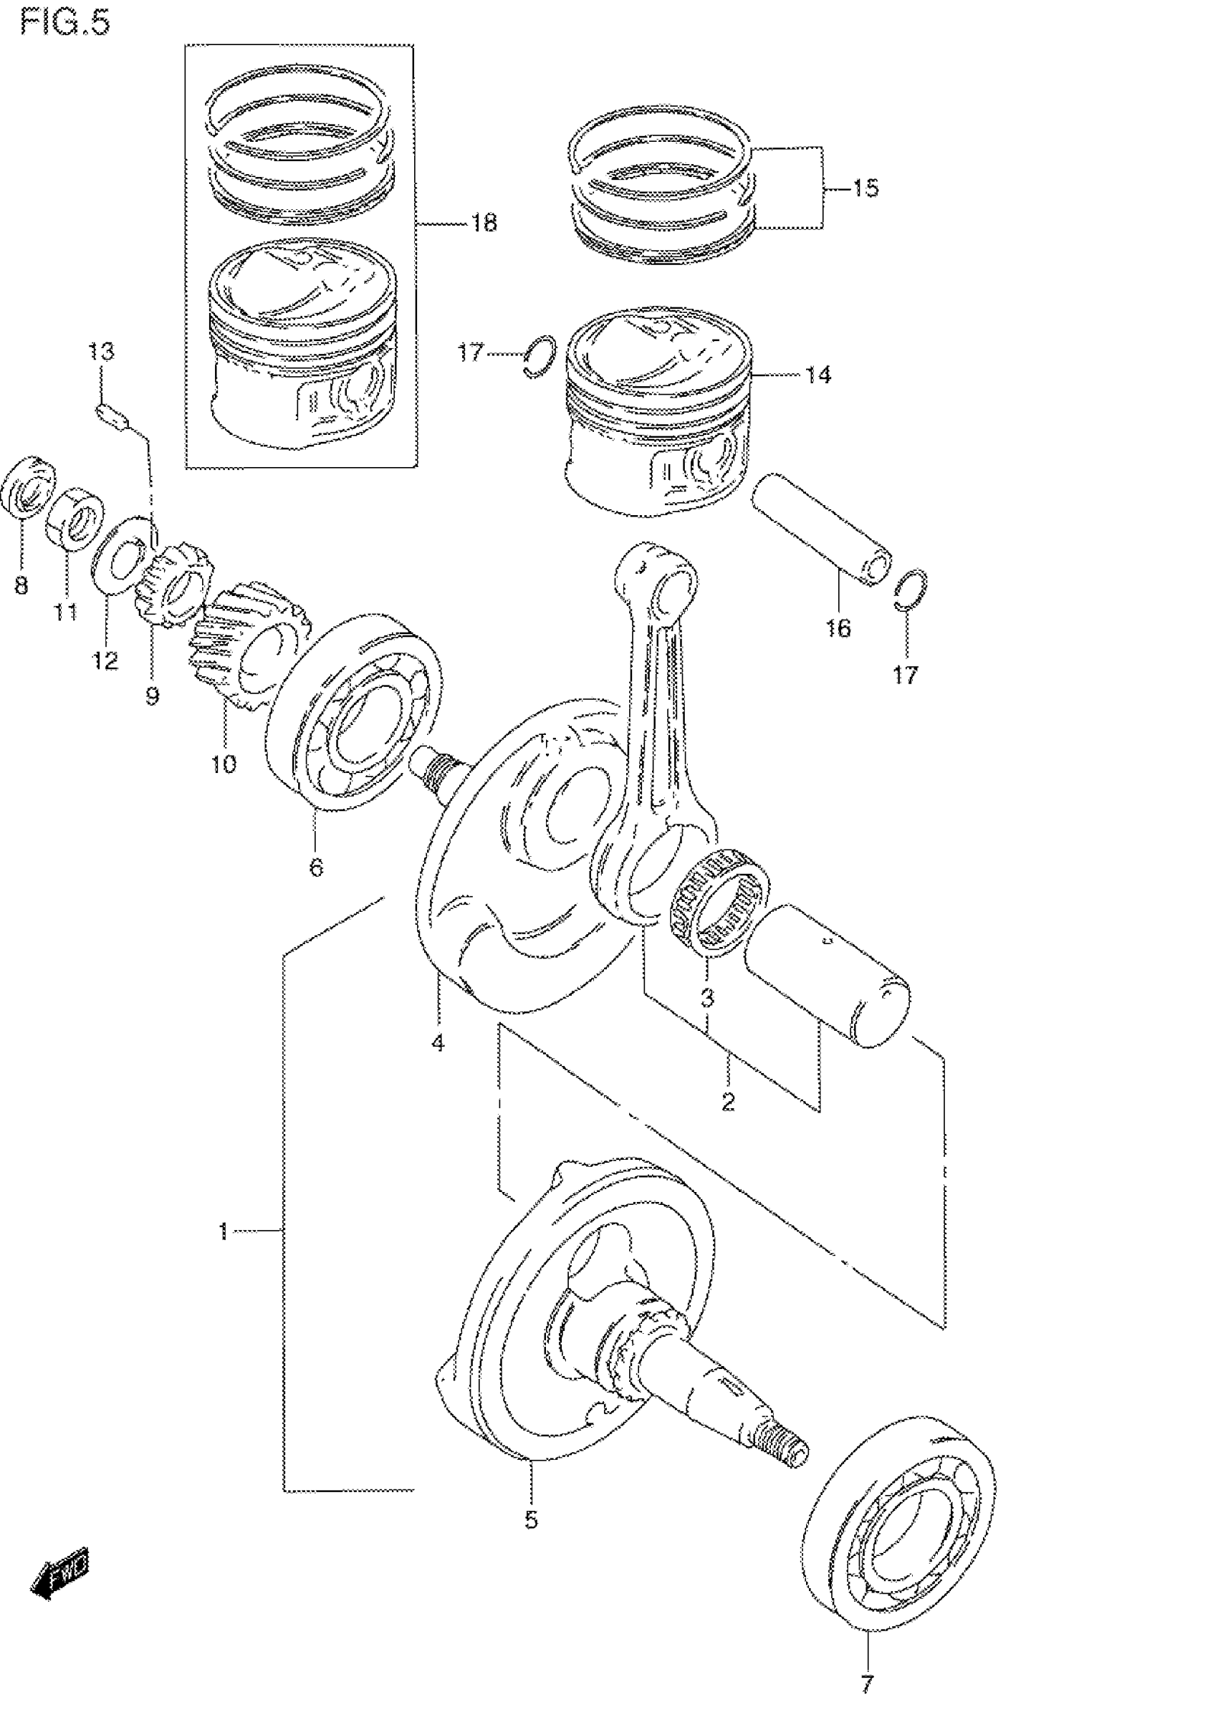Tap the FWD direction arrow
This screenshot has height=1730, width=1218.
59,1582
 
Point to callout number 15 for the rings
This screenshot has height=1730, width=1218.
865,188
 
